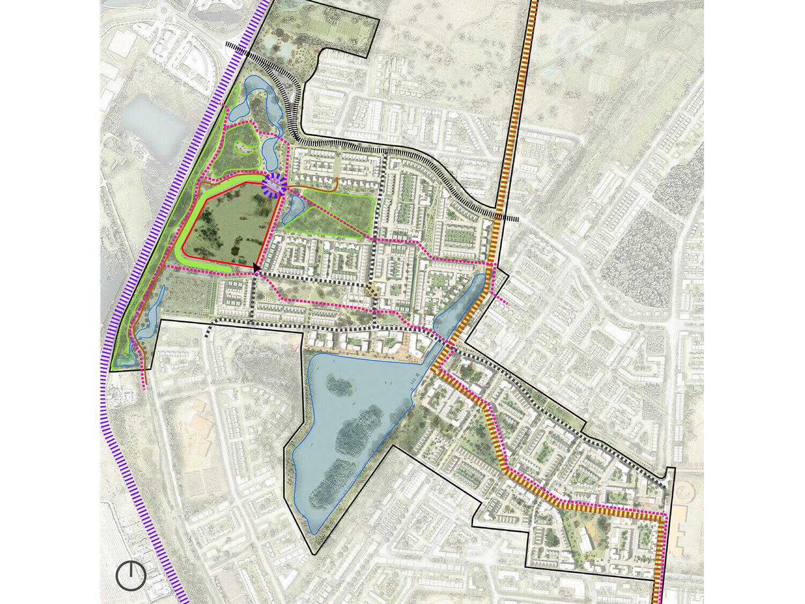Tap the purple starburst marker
point(274,186)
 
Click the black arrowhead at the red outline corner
point(257,267)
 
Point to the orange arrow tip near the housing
point(337,178)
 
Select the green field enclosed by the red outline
point(228,225)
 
